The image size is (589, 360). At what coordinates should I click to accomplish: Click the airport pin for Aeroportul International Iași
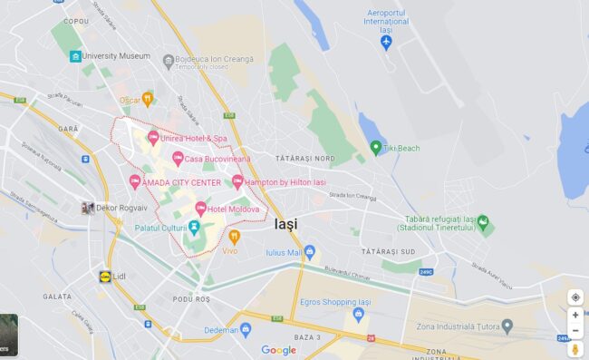pos(387,42)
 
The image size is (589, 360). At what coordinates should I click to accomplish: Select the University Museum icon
pos(75,56)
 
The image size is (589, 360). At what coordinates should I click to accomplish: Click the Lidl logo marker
pos(106,276)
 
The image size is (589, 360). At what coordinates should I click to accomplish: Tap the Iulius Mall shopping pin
pos(310,251)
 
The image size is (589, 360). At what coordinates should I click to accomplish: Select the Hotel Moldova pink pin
pos(200,209)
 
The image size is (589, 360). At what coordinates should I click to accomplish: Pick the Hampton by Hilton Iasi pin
pos(237,181)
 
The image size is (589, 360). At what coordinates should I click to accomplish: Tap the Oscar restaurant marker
pos(149,99)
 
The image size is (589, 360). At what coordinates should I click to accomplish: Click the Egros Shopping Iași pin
pos(359,314)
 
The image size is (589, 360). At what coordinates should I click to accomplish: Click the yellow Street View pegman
pos(575,348)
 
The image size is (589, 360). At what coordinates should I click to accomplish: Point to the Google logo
pos(278,350)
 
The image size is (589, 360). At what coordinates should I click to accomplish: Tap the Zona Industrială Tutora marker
pos(507,326)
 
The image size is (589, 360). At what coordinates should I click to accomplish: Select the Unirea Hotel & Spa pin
pos(153,138)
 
